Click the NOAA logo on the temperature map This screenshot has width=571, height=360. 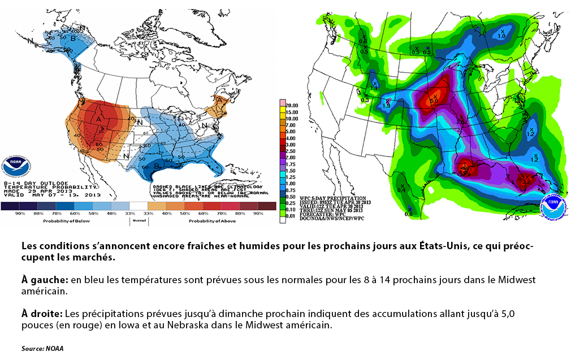pyautogui.click(x=17, y=165)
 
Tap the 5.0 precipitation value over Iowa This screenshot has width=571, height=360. pyautogui.click(x=434, y=99)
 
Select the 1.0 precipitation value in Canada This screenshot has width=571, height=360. pyautogui.click(x=501, y=36)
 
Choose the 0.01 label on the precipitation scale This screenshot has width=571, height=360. pyautogui.click(x=291, y=215)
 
